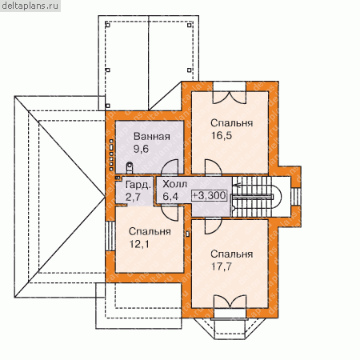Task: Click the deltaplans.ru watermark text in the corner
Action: (30, 6)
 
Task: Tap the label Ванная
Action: (152, 136)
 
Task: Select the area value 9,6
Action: (141, 149)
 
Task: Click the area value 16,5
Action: (222, 135)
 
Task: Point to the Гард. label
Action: (138, 185)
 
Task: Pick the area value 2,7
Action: (133, 197)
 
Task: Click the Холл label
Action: (174, 184)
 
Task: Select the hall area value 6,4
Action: (170, 197)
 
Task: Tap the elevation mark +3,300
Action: (209, 195)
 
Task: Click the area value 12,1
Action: (139, 244)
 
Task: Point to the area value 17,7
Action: (222, 266)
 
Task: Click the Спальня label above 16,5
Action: (231, 123)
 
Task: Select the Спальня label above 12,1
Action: (150, 231)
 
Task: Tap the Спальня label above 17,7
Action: (231, 254)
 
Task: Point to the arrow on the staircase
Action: (237, 185)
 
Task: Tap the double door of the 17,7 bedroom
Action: (230, 302)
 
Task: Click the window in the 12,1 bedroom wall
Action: (110, 236)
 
